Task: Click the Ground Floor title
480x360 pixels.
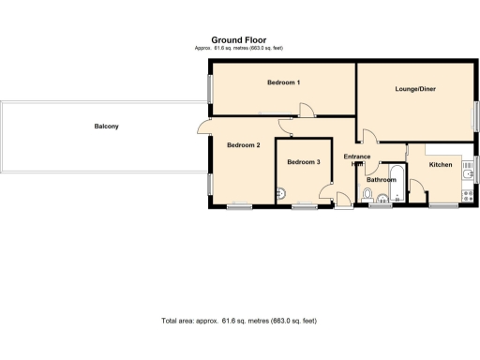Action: [239, 40]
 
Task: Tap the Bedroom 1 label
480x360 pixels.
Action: [283, 82]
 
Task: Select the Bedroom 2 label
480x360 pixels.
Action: [243, 144]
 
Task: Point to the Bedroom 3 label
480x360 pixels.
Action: [304, 162]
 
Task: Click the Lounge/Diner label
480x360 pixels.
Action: [414, 89]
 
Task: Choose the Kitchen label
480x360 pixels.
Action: [441, 165]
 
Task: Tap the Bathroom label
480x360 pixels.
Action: [382, 179]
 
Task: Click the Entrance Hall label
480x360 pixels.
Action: [357, 159]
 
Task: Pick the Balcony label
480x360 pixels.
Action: [106, 126]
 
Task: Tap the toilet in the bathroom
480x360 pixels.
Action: [368, 195]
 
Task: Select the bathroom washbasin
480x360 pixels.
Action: [383, 197]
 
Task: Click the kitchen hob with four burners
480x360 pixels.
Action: [468, 196]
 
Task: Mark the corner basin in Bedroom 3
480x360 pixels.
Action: [280, 195]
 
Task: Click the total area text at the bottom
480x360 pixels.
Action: [239, 321]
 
